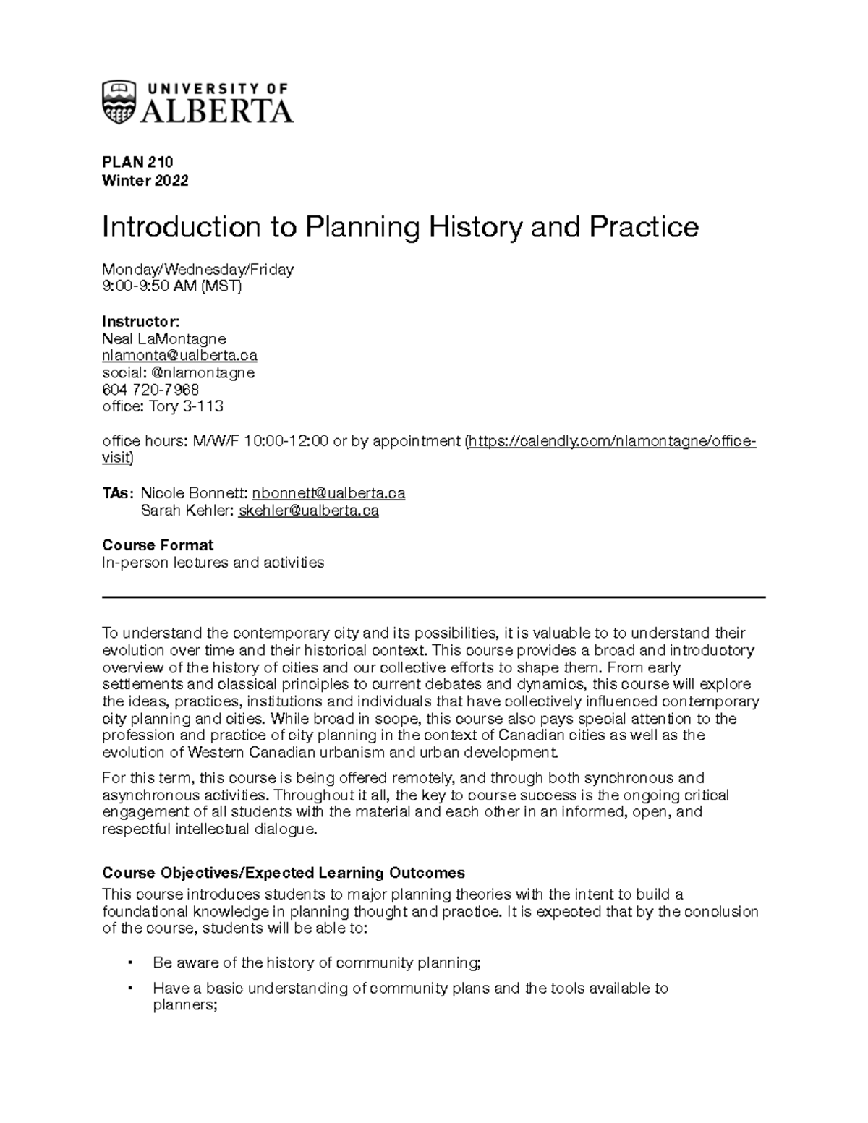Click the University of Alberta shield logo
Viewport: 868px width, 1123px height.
point(119,102)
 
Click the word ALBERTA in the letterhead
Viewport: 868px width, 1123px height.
point(217,111)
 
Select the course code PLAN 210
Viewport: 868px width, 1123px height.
point(137,162)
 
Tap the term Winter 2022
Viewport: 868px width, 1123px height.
point(145,181)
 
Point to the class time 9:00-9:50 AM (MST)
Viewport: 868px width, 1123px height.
point(172,286)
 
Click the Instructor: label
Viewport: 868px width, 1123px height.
point(140,321)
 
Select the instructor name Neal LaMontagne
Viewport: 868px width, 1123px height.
point(164,338)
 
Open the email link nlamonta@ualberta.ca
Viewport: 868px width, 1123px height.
point(179,356)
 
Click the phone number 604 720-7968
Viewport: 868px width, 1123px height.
point(150,390)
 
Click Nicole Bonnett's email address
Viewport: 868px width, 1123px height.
point(328,493)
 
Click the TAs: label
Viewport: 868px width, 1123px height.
point(117,493)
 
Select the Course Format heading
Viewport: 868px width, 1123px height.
point(158,545)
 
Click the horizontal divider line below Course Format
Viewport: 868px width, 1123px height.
point(434,597)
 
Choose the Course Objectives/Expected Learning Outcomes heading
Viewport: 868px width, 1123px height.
point(284,872)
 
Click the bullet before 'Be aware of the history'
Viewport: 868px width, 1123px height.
point(129,963)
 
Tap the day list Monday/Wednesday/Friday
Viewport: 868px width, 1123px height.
point(198,270)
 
